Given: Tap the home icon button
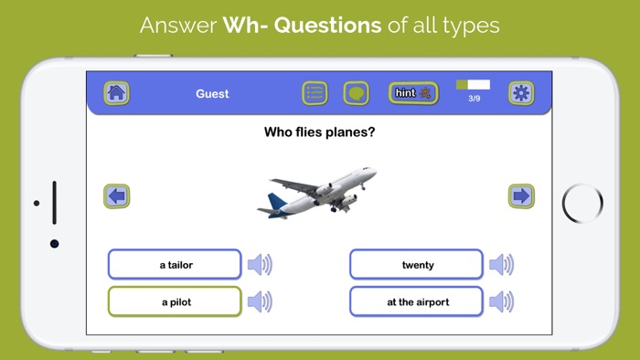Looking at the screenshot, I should (x=116, y=93).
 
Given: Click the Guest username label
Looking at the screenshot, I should (x=212, y=94).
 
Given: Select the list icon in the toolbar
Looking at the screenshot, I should (x=315, y=93).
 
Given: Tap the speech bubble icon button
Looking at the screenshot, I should (x=356, y=93).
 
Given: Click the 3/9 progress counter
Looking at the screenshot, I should (x=474, y=98).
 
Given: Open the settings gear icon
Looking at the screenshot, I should (x=521, y=93).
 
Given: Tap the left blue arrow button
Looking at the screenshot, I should (x=116, y=196).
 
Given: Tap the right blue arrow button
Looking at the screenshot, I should (x=521, y=196).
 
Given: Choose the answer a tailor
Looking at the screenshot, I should (x=175, y=265).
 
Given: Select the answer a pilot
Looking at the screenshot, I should (x=175, y=302).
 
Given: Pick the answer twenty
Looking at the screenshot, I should (x=417, y=265).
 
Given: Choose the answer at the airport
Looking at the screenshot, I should (x=417, y=302).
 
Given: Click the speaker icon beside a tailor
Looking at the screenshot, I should (x=260, y=265).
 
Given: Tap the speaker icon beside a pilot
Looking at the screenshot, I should (x=260, y=302).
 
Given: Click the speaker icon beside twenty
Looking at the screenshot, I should (x=501, y=265).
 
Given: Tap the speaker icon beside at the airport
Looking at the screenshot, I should (x=501, y=302).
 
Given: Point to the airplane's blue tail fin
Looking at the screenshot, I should (x=275, y=202).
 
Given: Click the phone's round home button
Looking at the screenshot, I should (x=581, y=202).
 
